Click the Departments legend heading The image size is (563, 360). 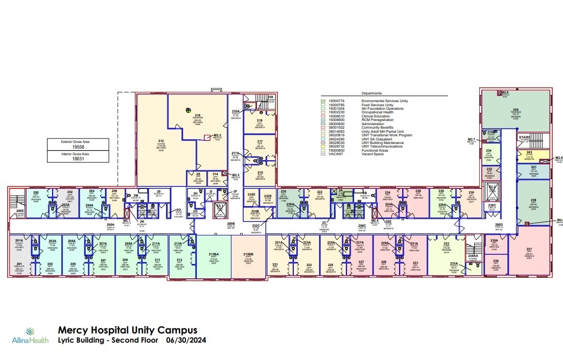[371, 93]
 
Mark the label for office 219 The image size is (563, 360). [260, 122]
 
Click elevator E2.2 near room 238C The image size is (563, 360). [492, 190]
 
